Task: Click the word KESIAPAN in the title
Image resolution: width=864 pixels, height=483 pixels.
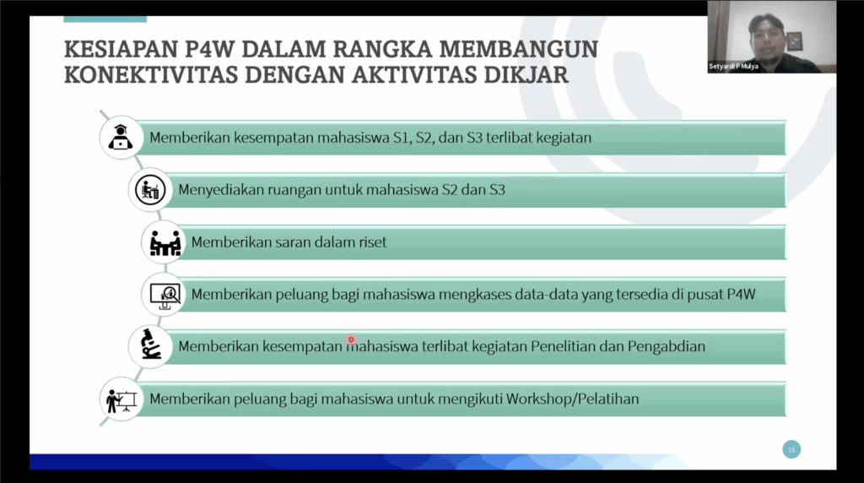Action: [121, 49]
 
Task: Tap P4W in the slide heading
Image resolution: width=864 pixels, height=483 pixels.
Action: [209, 49]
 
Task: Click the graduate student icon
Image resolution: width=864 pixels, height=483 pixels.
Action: [120, 138]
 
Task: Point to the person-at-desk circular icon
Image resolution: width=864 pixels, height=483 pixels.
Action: [150, 190]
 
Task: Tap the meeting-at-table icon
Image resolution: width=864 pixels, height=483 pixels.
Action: [165, 242]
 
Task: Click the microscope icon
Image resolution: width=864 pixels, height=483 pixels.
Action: [150, 345]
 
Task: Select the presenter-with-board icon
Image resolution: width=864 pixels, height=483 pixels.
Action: [121, 400]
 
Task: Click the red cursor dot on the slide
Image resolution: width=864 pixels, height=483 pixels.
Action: [351, 339]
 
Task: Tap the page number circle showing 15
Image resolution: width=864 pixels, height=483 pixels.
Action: [791, 449]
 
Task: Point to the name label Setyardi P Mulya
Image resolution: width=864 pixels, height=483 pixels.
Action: [733, 66]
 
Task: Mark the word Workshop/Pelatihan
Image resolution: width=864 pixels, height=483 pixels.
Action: [573, 399]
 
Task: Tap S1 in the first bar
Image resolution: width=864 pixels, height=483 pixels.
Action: [402, 138]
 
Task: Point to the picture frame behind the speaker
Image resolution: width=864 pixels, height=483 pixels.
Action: [794, 41]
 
